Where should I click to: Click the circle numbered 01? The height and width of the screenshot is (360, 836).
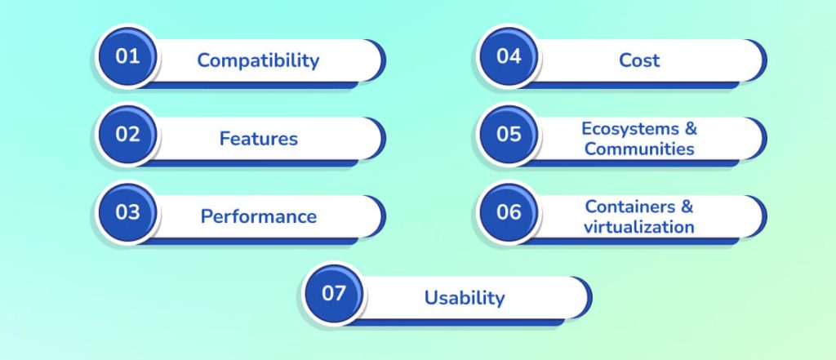click(127, 58)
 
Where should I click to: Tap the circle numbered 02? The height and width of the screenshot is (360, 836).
click(127, 136)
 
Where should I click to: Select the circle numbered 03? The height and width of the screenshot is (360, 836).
click(127, 213)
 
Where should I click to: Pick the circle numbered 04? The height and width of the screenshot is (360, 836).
click(509, 58)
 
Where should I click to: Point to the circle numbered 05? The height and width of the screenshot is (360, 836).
click(509, 136)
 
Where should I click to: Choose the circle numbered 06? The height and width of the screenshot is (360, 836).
click(509, 213)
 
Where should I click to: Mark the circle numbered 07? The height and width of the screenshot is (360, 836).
click(334, 295)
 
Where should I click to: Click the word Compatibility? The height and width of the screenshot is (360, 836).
click(258, 60)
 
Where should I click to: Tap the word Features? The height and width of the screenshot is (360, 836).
click(258, 139)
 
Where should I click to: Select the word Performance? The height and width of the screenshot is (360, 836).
click(258, 216)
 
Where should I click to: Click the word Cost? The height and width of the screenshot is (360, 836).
click(639, 60)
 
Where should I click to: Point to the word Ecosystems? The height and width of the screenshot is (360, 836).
click(630, 129)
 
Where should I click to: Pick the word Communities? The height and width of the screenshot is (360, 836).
click(639, 149)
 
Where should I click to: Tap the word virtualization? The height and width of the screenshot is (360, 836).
click(639, 226)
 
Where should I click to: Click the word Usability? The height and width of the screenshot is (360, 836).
click(464, 298)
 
